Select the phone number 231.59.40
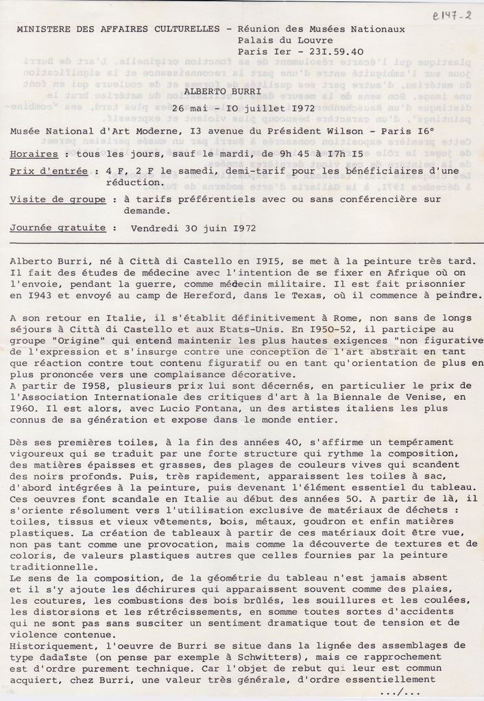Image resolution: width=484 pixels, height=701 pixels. [x=332, y=51]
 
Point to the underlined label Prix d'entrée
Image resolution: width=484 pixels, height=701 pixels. [x=49, y=171]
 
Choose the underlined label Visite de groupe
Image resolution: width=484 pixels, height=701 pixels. [x=58, y=200]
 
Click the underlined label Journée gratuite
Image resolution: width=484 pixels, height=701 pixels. [x=58, y=228]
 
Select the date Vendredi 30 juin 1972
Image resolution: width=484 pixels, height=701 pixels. [x=193, y=228]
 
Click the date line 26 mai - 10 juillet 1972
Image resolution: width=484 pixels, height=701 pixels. [x=243, y=108]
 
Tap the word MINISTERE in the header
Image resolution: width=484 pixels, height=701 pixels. [x=41, y=29]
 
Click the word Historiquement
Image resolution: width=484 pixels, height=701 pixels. [x=56, y=646]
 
